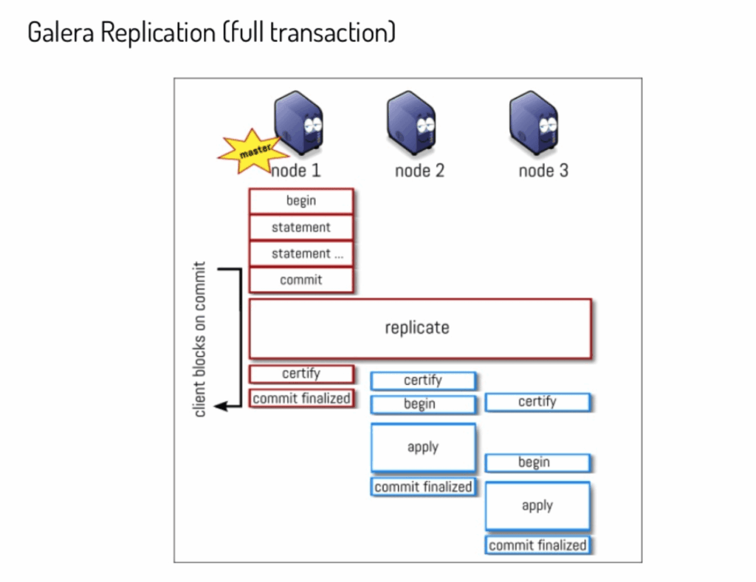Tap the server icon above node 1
click(x=300, y=123)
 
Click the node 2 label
click(x=419, y=171)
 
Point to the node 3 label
click(x=543, y=171)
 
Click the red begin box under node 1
click(x=301, y=201)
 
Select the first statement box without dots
click(x=301, y=227)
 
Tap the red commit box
click(x=301, y=280)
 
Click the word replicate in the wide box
click(x=417, y=327)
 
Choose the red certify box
click(x=301, y=374)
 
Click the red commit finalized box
click(x=301, y=399)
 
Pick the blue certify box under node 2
click(x=423, y=380)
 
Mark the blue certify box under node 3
click(x=537, y=402)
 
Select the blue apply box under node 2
click(x=423, y=448)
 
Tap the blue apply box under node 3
click(x=537, y=506)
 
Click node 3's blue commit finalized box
click(x=537, y=546)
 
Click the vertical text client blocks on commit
click(x=200, y=339)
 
